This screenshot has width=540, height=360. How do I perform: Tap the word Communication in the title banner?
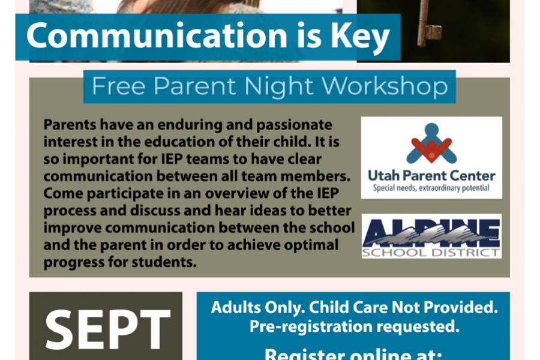click(x=157, y=35)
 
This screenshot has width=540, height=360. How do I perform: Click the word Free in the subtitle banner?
click(x=118, y=86)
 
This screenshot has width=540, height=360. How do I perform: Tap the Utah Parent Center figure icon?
click(x=431, y=143)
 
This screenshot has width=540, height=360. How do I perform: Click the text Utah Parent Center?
click(x=431, y=176)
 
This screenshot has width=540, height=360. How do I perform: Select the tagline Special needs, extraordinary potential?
click(x=431, y=188)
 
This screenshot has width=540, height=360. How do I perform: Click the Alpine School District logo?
click(x=431, y=236)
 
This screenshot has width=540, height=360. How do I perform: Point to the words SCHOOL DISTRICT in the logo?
click(x=431, y=253)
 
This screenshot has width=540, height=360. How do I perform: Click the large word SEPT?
click(x=108, y=329)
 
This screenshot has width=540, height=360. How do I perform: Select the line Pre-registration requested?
click(x=355, y=326)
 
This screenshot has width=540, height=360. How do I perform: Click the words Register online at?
click(x=353, y=354)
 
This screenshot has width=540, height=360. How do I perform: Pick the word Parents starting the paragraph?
click(x=70, y=124)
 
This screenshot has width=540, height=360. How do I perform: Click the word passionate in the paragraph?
click(x=294, y=125)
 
